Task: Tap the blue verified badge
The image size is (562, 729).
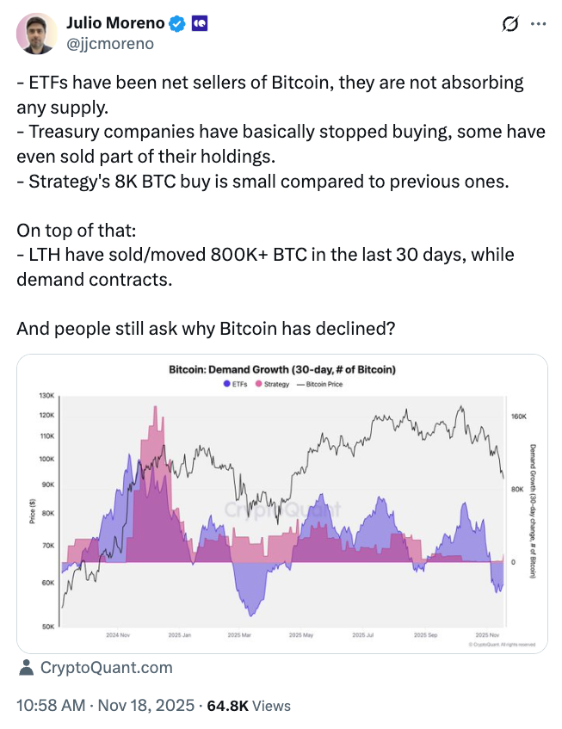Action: pyautogui.click(x=177, y=24)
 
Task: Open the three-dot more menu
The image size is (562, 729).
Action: pyautogui.click(x=539, y=24)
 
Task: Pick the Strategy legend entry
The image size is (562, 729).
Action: pyautogui.click(x=272, y=384)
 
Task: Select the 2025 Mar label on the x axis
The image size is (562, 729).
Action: pyautogui.click(x=238, y=635)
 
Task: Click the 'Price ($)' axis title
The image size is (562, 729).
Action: pyautogui.click(x=31, y=513)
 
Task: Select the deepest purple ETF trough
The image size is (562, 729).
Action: pyautogui.click(x=250, y=615)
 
